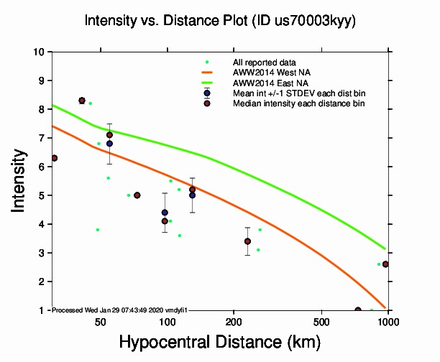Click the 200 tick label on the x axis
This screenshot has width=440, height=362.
(x=233, y=320)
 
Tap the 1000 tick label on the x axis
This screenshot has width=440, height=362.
(x=388, y=320)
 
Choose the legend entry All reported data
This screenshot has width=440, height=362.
(x=264, y=62)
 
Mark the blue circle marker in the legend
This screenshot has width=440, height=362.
(x=207, y=93)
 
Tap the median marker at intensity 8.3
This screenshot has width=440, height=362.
(x=82, y=101)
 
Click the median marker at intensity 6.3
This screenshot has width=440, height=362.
(x=54, y=158)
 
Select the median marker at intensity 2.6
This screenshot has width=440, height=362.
(x=386, y=264)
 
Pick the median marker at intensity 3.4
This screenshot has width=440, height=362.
(x=247, y=241)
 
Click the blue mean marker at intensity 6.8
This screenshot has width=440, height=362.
(x=109, y=144)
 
